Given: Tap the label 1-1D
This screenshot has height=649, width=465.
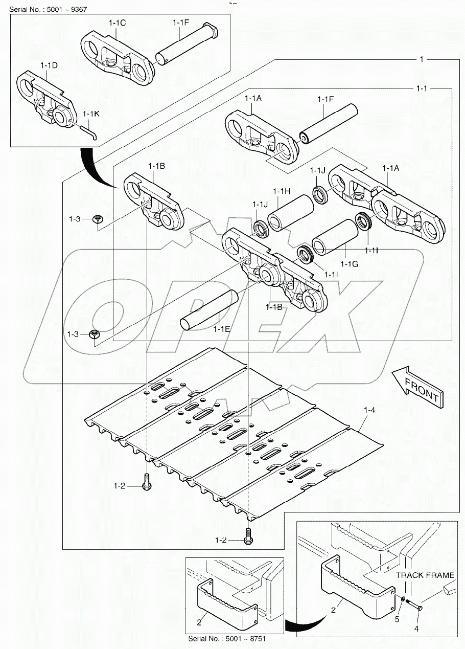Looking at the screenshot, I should click(49, 65).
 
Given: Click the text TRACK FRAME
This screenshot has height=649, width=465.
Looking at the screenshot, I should click(425, 575).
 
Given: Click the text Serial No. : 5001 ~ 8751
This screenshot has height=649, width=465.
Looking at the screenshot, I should click(227, 639).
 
